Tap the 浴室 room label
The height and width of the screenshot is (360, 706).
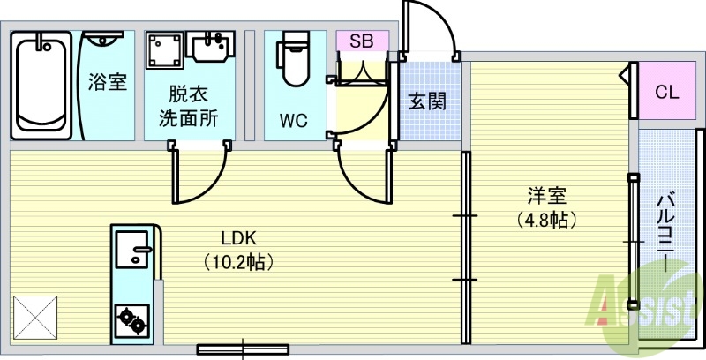107,84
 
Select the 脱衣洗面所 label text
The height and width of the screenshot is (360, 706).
188,105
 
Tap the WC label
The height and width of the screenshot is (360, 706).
293,120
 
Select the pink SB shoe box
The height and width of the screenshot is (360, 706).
361,41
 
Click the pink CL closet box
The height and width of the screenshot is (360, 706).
667,92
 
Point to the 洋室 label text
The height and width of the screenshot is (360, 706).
547,196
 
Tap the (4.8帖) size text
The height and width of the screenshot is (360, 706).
547,220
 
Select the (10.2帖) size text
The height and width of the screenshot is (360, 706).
238,261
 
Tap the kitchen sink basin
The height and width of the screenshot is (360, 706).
132,250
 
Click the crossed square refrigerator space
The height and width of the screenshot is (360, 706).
35,315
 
